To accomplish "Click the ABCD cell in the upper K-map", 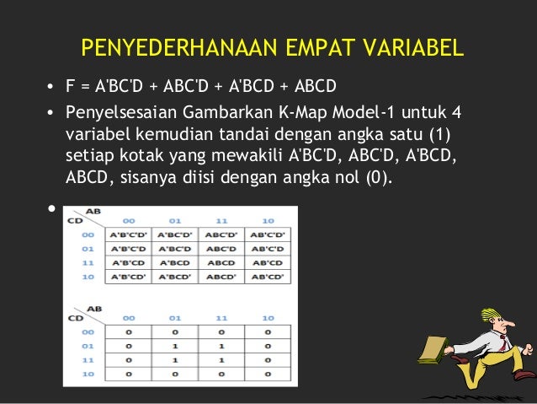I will (x=221, y=261).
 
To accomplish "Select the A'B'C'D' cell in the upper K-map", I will (x=128, y=234).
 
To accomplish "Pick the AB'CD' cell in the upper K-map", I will (x=268, y=275).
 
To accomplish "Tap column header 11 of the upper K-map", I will (x=221, y=220).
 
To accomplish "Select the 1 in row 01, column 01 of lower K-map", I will (x=174, y=346).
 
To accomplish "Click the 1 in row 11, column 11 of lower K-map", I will (x=221, y=359).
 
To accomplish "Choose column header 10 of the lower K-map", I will (x=268, y=318).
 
